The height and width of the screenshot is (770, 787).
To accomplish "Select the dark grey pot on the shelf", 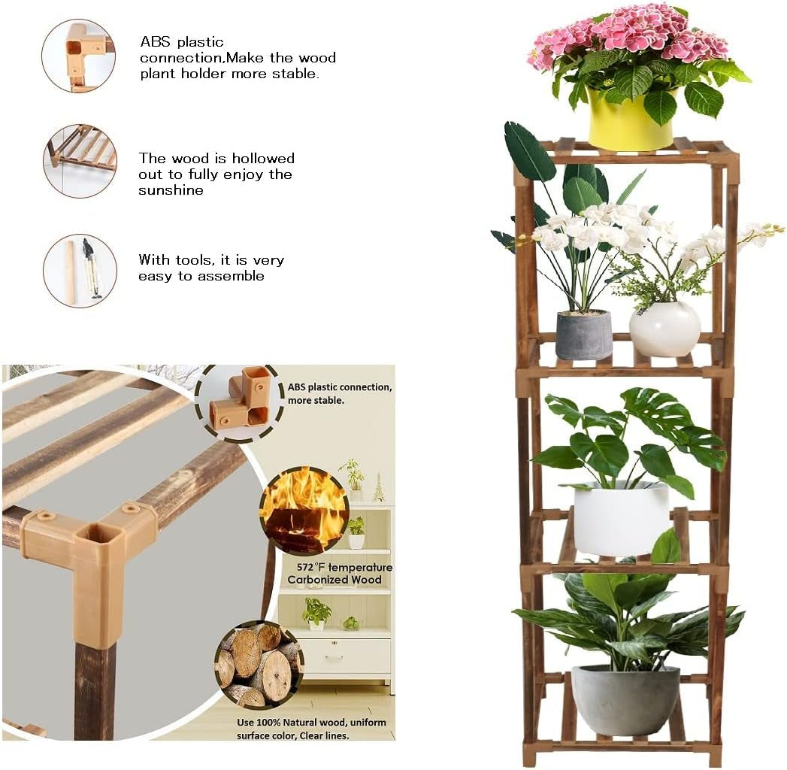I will (x=583, y=334).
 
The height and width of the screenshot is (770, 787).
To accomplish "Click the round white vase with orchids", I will (x=664, y=329).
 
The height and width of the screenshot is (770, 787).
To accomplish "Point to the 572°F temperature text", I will (x=340, y=567).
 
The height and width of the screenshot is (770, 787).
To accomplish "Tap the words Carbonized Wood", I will (x=334, y=580).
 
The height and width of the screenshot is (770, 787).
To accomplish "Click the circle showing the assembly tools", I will (x=80, y=271).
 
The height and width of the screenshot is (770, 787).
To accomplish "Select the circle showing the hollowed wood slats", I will (x=80, y=161).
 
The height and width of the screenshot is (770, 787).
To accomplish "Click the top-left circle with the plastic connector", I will (x=78, y=56).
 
